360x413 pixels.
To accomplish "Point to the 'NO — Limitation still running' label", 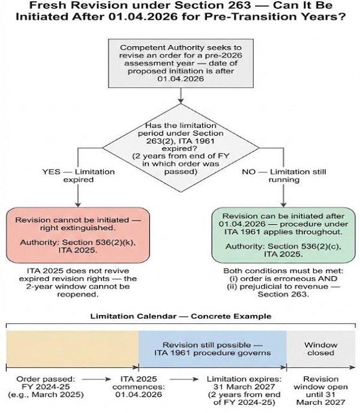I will point(284,175).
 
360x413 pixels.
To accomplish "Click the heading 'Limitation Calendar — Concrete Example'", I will point(180,316).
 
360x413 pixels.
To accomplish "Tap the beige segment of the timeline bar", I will point(71,349).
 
